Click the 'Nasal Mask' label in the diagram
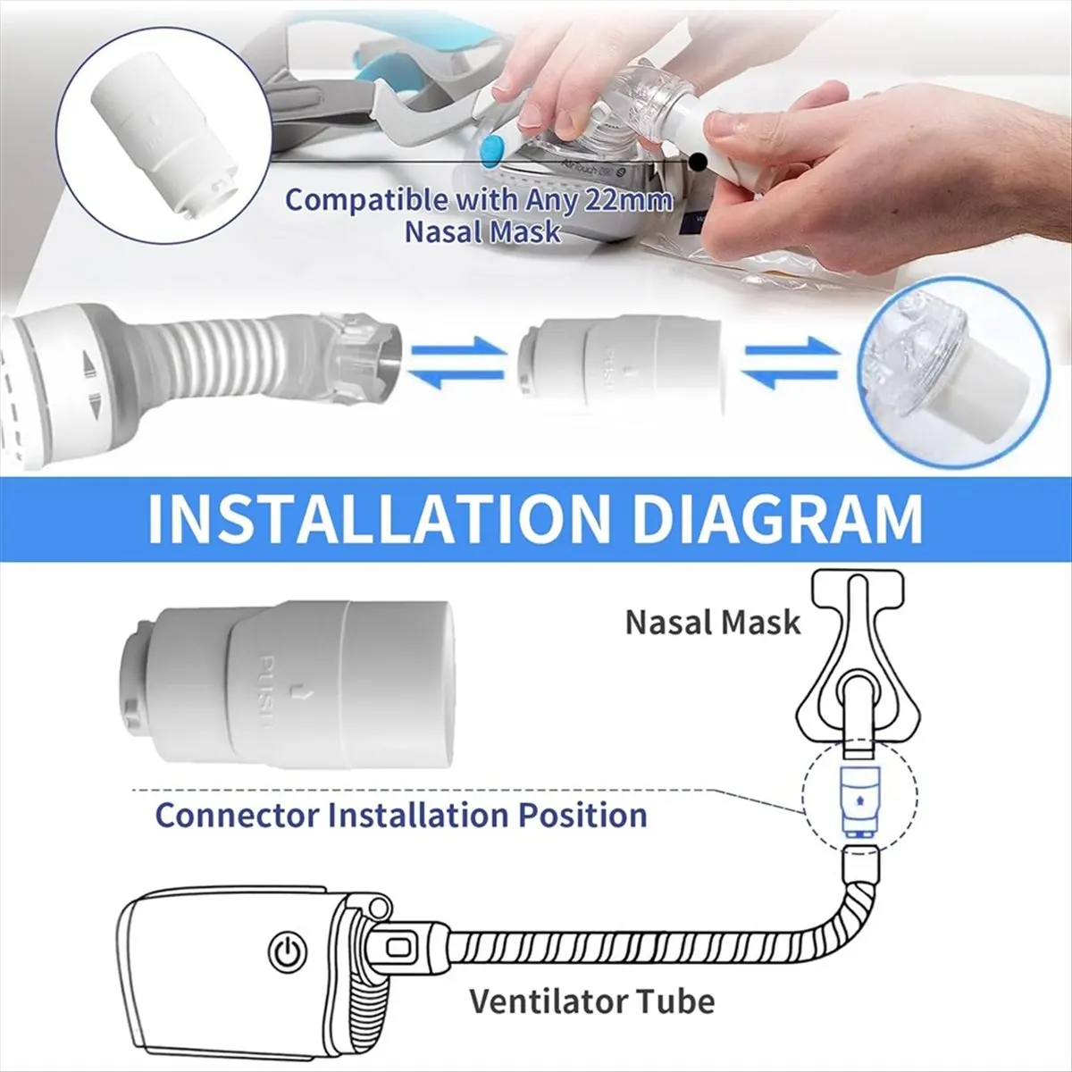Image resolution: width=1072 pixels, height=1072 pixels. tap(713, 622)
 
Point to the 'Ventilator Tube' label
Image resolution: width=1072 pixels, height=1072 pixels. tap(592, 1001)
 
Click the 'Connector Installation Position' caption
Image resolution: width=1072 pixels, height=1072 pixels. tap(401, 815)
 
